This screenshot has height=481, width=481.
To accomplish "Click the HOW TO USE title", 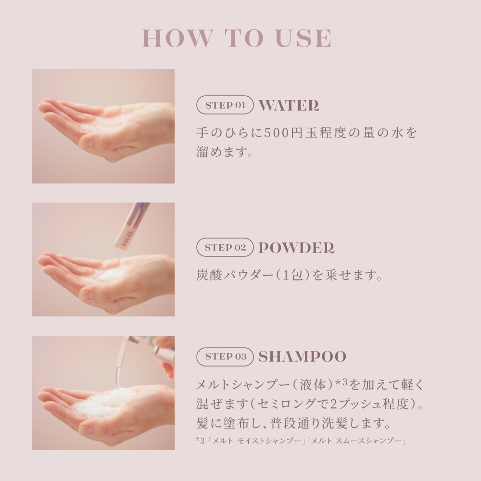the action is click(237, 38).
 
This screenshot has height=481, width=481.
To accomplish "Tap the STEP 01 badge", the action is click(225, 105).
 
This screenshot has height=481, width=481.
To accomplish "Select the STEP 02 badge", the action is click(225, 247).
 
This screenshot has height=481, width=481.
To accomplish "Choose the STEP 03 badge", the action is click(225, 356).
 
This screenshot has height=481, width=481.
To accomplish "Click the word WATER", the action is click(289, 105).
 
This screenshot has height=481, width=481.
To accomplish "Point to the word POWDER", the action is click(296, 248).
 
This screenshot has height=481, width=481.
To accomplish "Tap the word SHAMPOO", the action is click(302, 356).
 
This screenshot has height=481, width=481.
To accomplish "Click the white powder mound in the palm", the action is click(111, 275).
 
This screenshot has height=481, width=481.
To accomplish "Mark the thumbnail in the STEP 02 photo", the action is click(89, 295).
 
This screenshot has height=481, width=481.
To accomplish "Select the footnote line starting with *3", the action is click(301, 441).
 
